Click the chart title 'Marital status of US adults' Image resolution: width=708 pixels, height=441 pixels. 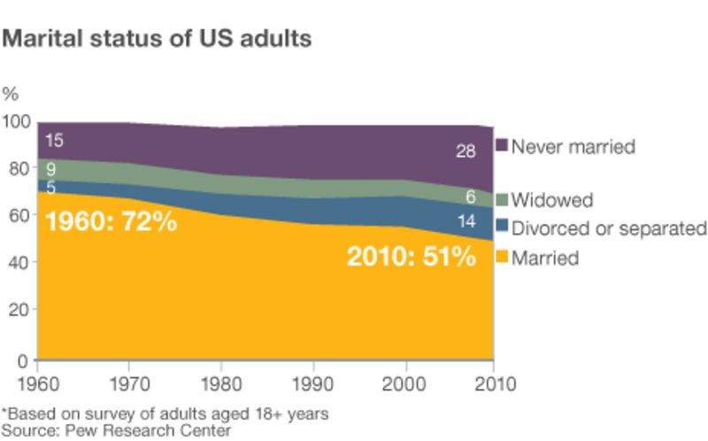pos(158,39)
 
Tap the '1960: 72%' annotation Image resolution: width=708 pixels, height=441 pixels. pos(111,220)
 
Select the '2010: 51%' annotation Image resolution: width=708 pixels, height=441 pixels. pos(412,258)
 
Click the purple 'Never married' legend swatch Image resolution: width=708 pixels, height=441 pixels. pos(501,146)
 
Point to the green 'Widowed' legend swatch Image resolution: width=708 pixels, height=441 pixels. pos(501,201)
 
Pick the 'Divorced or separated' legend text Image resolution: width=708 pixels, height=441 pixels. pos(609,228)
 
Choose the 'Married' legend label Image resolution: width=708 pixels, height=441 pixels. pos(545,258)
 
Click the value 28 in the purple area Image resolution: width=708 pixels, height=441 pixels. pos(466,151)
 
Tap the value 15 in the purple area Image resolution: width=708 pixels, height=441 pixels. pos(53,140)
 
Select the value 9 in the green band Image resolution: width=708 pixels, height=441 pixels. pos(51,168)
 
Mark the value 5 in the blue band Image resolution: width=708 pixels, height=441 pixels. pos(51,187)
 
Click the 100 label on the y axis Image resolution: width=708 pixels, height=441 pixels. pos(16,121)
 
